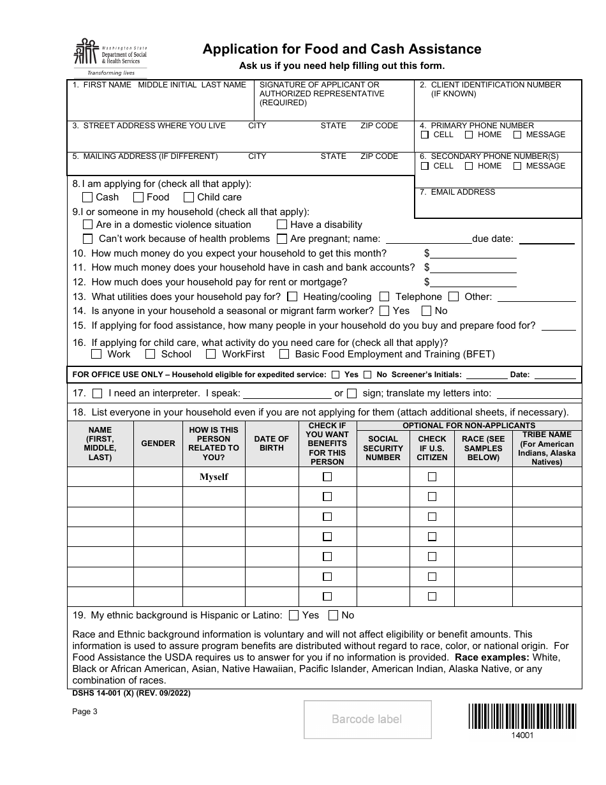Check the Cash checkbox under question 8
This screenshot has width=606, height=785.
pos(87,197)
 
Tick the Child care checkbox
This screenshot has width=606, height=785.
pos(189,197)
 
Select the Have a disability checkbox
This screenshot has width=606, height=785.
pos(281,225)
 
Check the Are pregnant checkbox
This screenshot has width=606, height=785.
pos(281,239)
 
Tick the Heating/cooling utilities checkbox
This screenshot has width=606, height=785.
pos(292,296)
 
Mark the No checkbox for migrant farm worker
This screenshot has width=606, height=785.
pos(426,311)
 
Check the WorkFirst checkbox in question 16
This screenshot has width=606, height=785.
pos(210,354)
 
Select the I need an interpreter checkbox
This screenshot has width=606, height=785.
pos(97,393)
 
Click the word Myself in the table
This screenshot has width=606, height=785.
pos(214,477)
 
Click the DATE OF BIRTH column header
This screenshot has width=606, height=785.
pos(272,444)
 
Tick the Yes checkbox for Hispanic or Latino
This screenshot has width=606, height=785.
pos(293,615)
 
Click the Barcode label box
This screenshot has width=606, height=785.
pos(367,719)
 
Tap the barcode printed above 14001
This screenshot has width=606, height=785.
pos(522,716)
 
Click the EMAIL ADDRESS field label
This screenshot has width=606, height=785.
pos(462,192)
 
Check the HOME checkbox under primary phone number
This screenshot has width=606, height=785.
pos(469,135)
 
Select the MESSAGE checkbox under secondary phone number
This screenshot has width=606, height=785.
pos(517,166)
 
